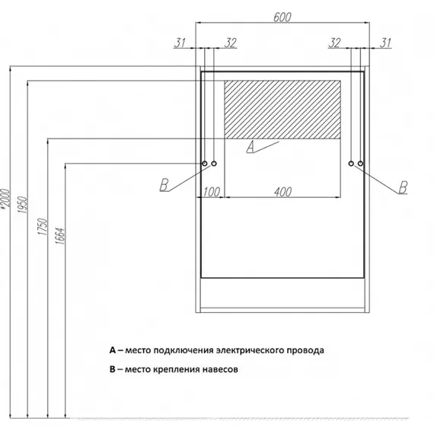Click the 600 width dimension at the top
(x=282, y=18)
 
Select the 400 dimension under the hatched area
(x=283, y=192)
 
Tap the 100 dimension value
(x=212, y=192)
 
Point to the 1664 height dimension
(x=60, y=236)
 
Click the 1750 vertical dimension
(x=43, y=227)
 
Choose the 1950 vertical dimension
(x=22, y=205)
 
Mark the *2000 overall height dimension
(x=5, y=198)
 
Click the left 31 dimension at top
(x=180, y=43)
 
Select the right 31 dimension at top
(x=385, y=43)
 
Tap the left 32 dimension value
(x=230, y=43)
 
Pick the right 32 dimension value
(x=334, y=43)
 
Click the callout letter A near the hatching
(x=251, y=147)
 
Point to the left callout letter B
(x=164, y=185)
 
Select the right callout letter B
(x=403, y=187)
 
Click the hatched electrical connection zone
(x=282, y=110)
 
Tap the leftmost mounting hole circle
(x=205, y=164)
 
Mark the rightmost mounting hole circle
(x=360, y=164)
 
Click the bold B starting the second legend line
(x=113, y=369)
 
